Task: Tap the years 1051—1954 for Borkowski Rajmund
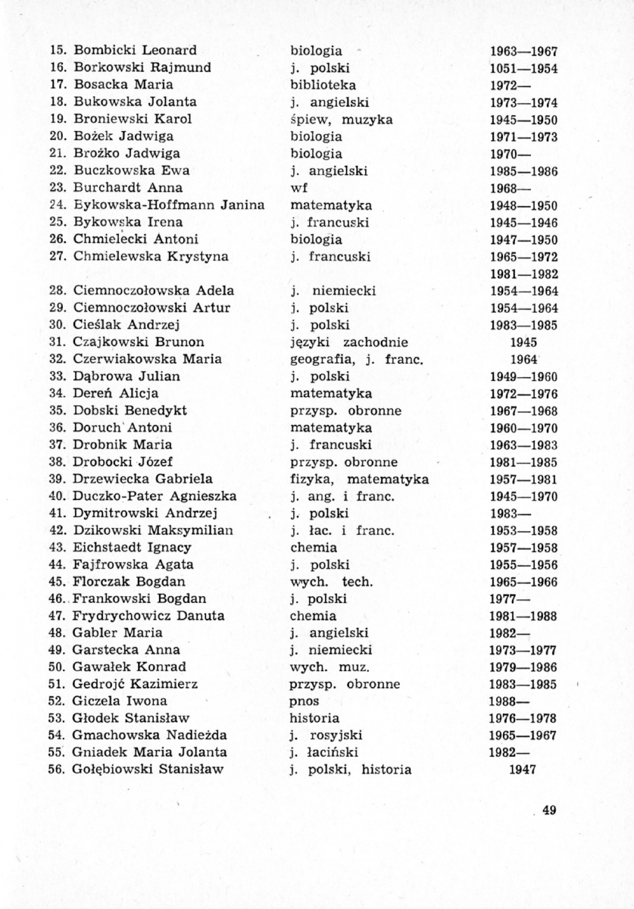(x=523, y=68)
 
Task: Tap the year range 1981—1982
(x=523, y=273)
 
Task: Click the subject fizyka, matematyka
(x=360, y=479)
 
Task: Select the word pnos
(x=305, y=701)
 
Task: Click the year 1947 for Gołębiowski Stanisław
(x=523, y=770)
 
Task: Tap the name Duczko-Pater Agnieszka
(x=155, y=496)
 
